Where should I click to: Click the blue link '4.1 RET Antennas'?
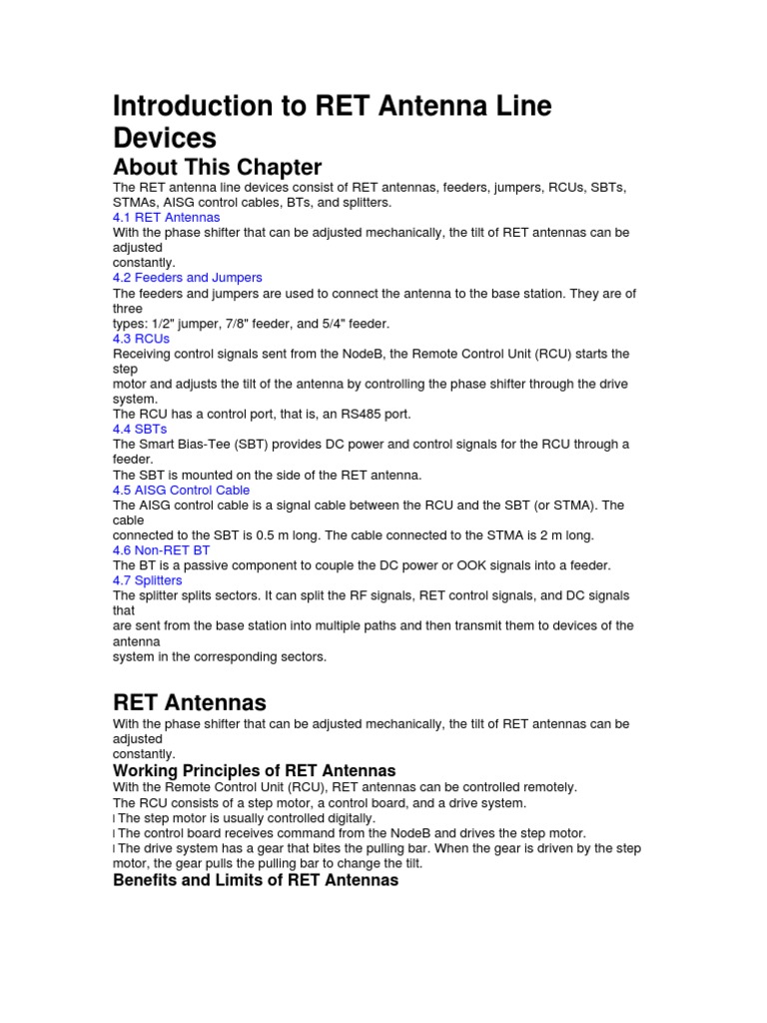(166, 217)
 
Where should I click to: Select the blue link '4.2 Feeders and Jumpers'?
(188, 278)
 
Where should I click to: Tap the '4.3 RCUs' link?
(141, 339)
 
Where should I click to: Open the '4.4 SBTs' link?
(140, 430)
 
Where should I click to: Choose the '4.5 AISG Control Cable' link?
(181, 491)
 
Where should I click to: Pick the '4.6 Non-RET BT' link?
(161, 550)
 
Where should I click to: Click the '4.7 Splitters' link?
(147, 580)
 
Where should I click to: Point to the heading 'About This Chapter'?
(217, 167)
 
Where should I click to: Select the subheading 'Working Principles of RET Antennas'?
(254, 771)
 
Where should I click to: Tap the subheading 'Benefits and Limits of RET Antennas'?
(256, 880)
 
